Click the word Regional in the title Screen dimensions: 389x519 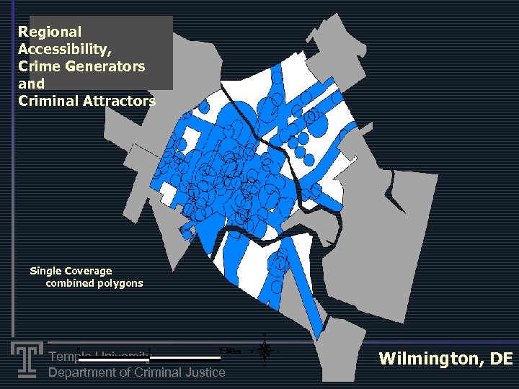coord(50,32)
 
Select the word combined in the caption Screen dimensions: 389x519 coord(68,283)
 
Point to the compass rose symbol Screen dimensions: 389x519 coord(265,352)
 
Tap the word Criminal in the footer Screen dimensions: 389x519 coord(161,372)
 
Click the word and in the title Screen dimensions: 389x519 coord(31,84)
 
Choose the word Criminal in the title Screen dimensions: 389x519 coord(48,101)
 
